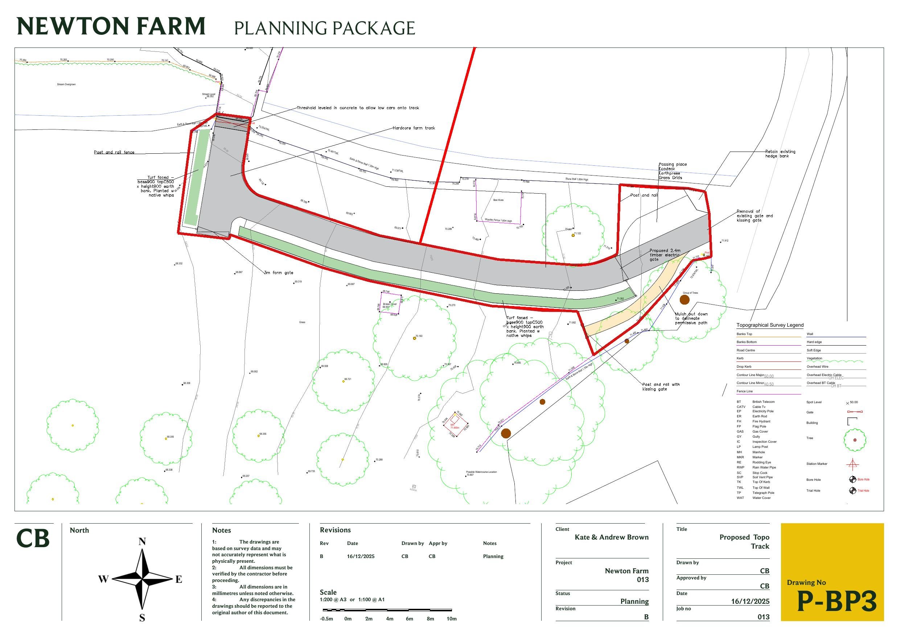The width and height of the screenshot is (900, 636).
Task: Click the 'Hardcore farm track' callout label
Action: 414,128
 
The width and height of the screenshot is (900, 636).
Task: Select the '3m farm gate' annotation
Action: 278,273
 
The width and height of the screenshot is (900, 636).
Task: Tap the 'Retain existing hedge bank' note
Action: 780,154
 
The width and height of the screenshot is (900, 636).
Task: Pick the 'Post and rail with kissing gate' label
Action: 661,387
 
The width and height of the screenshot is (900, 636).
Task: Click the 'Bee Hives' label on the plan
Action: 498,200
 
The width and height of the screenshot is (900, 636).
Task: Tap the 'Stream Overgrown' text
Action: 66,84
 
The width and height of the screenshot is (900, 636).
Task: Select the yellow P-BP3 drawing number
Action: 837,602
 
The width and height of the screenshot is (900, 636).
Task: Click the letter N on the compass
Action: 142,542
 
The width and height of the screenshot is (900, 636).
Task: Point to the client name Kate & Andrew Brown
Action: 612,537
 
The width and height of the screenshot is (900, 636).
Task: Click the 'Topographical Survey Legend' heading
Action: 770,325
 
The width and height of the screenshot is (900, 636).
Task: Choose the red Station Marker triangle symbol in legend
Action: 852,464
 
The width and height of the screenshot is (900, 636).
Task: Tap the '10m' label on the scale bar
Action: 452,619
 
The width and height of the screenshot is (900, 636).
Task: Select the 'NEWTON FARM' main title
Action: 111,26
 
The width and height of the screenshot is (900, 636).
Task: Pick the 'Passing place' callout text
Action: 673,165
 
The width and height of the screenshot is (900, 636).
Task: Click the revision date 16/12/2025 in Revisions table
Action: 361,557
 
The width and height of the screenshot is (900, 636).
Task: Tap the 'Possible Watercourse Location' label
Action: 481,472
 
